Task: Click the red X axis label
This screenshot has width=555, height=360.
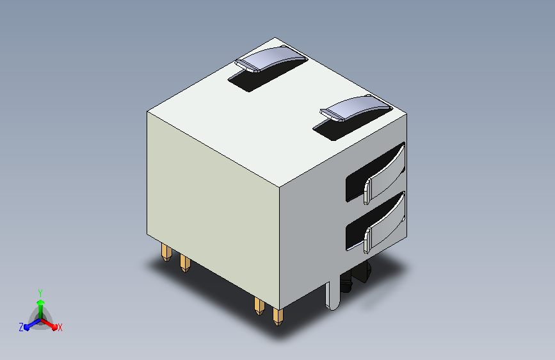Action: [60, 327]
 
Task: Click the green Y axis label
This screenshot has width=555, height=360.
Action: [40, 291]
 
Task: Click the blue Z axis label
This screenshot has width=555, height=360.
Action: [21, 327]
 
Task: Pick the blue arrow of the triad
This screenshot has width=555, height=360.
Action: [29, 325]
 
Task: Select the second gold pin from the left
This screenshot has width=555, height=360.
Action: [184, 263]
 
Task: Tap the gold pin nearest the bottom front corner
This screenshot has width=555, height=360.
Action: [277, 316]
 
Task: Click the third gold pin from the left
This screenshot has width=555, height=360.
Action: [258, 306]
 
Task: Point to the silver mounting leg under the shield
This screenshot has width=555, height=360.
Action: [333, 295]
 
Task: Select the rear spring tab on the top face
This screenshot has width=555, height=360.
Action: [271, 59]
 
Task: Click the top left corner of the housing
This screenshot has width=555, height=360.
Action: [148, 111]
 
